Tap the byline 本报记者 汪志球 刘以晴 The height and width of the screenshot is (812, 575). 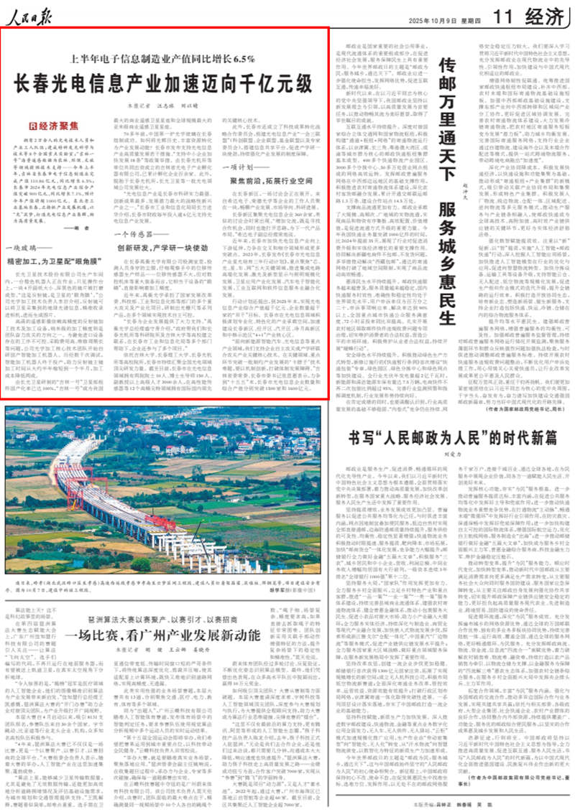163,106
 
